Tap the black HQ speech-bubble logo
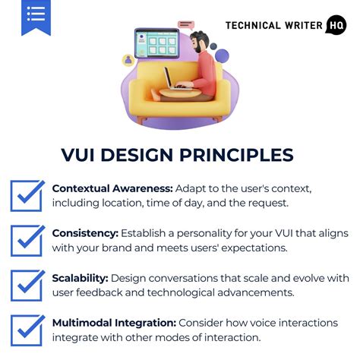(x=335, y=25)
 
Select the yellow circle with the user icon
(x=128, y=60)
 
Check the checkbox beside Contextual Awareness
(x=27, y=194)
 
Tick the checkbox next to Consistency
(x=27, y=239)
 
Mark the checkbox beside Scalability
(x=27, y=285)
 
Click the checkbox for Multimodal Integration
(x=27, y=330)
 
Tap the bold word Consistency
(x=84, y=232)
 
